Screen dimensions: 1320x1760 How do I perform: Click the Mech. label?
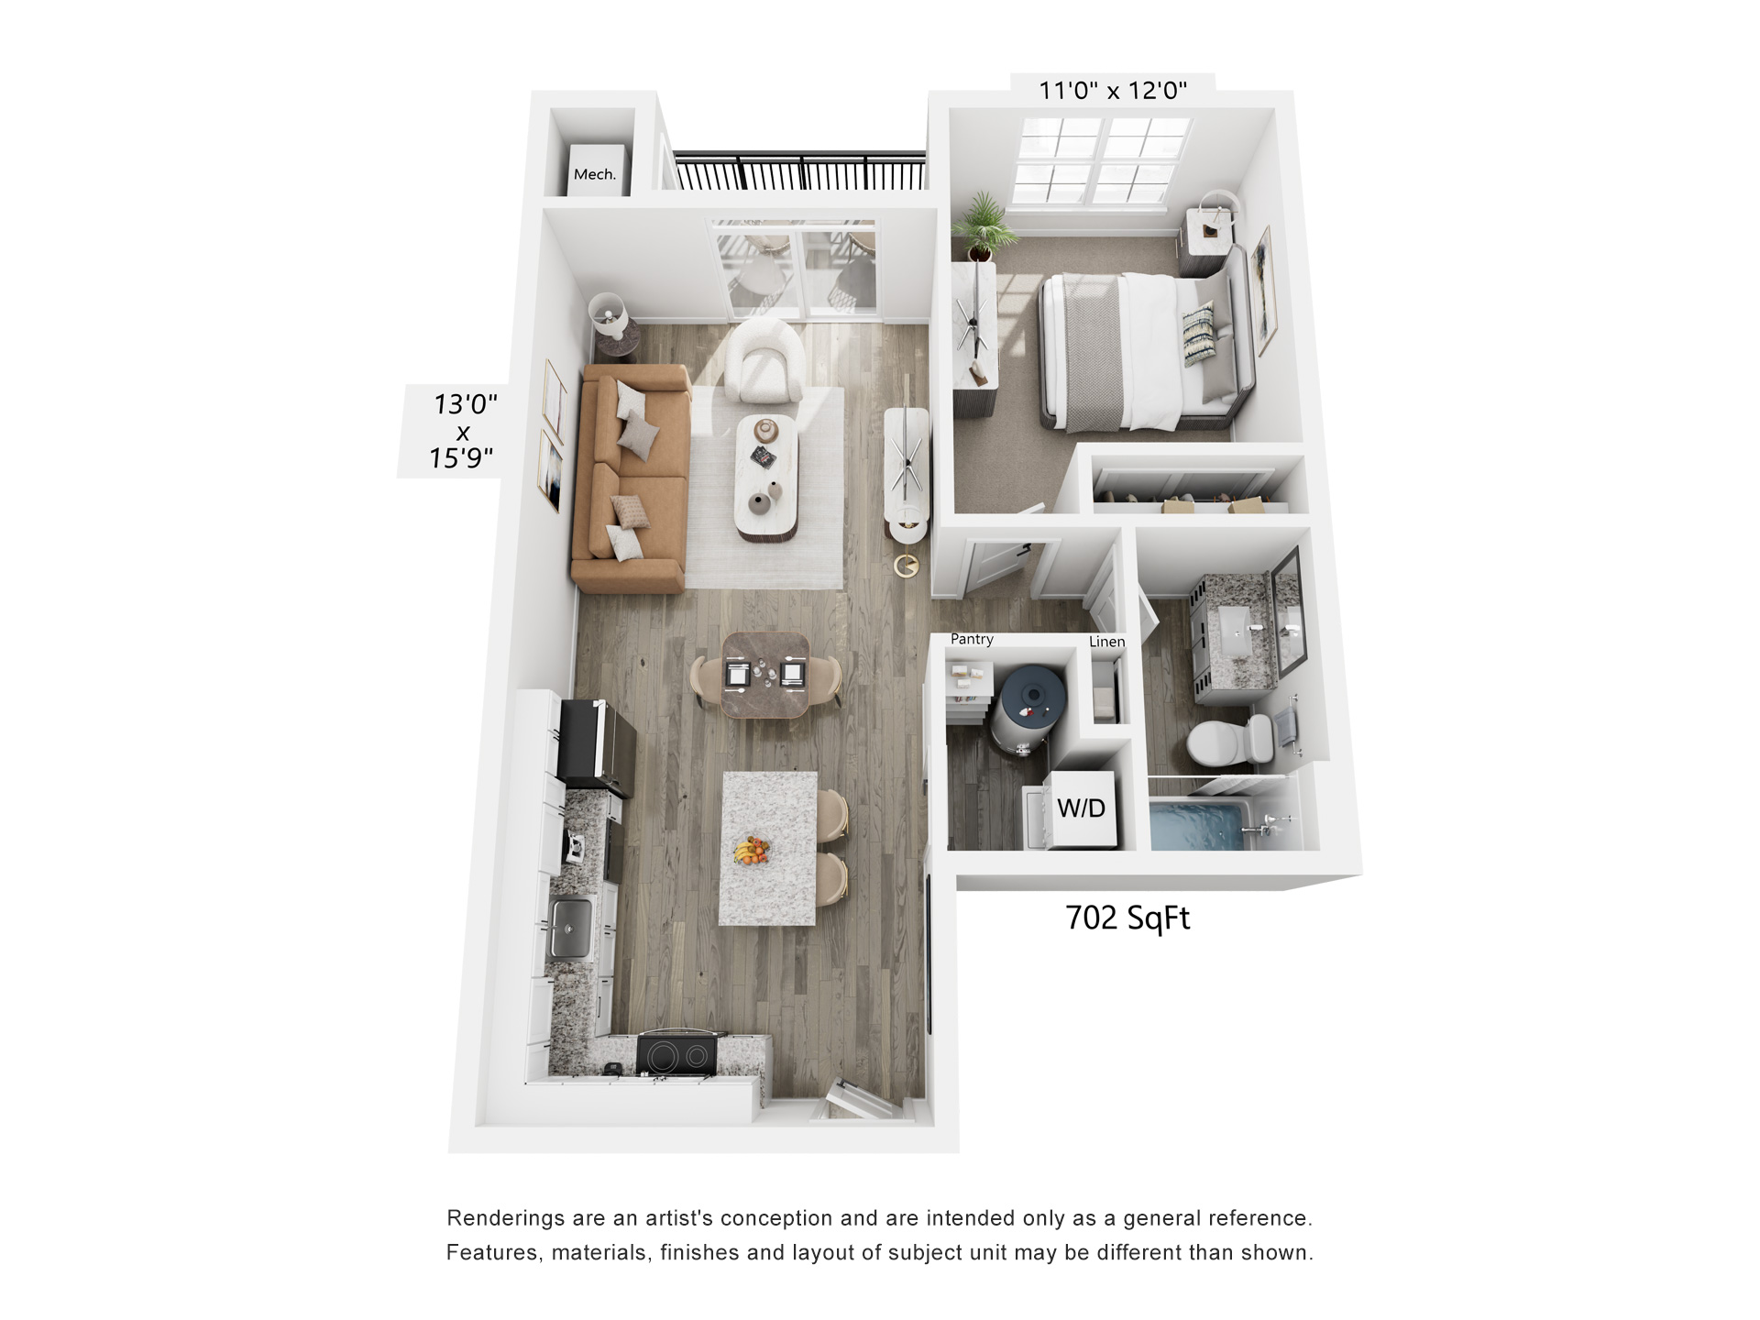[594, 174]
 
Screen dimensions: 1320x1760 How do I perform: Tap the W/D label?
[1082, 808]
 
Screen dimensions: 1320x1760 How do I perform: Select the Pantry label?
[972, 639]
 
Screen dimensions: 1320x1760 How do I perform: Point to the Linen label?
[1106, 642]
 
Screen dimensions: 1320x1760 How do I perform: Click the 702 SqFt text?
[1127, 918]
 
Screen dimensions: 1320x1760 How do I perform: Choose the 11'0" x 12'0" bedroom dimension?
[1112, 91]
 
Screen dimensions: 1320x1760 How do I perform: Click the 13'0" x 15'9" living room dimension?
[464, 431]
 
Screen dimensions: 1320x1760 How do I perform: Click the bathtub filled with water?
[1201, 825]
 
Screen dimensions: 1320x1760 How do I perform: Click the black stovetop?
[677, 1053]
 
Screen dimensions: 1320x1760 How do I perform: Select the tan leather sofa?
[631, 477]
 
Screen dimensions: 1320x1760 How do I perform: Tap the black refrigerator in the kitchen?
[597, 742]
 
